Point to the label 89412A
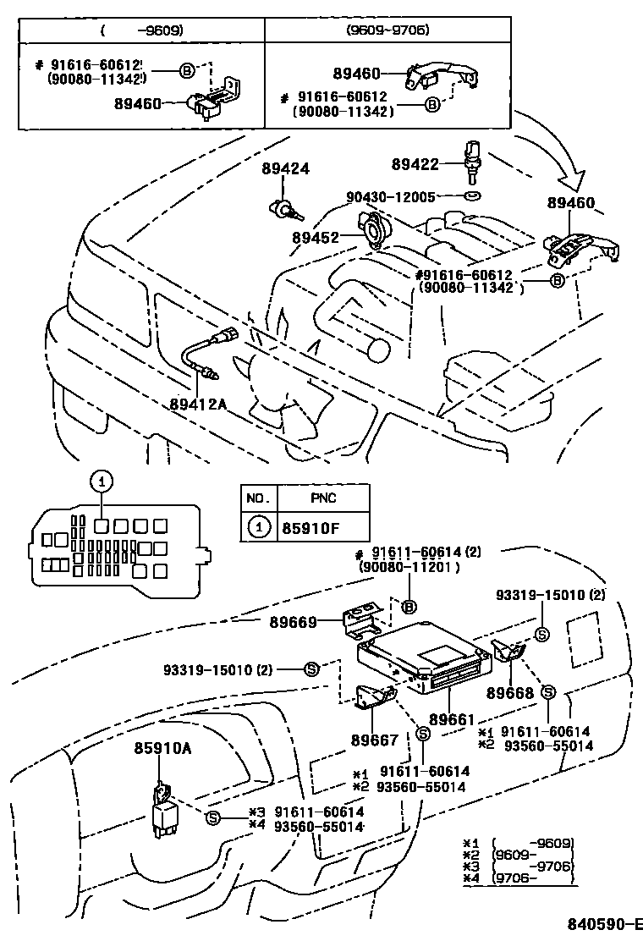point(198,404)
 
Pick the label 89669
point(294,623)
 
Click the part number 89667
point(375,740)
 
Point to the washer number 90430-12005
point(391,197)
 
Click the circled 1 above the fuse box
point(101,482)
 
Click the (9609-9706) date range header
point(387,30)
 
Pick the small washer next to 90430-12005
point(472,197)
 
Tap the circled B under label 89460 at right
point(557,282)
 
